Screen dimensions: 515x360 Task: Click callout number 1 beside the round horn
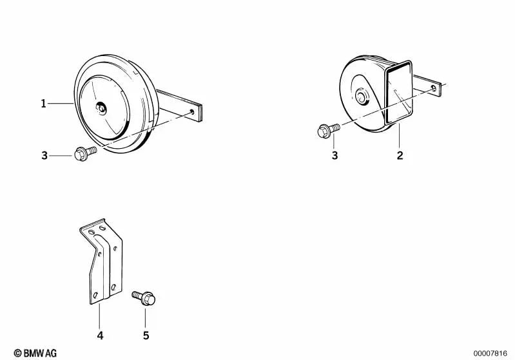tap(43, 104)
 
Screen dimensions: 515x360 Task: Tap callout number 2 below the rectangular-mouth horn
tap(400, 155)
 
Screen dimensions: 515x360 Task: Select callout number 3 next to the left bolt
tap(44, 155)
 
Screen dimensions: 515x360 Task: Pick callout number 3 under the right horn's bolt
tap(335, 155)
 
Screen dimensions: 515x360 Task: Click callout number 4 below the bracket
tap(100, 336)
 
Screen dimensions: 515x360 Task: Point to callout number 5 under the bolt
tap(146, 336)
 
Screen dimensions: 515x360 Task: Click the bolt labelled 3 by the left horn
tap(85, 153)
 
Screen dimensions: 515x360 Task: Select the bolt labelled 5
tap(144, 298)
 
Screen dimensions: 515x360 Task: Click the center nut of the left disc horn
tap(101, 108)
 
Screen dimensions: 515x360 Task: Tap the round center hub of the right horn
tap(362, 97)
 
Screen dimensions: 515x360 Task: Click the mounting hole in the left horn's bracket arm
tap(192, 112)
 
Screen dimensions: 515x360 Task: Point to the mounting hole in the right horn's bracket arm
tap(434, 88)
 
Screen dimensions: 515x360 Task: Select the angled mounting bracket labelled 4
tap(101, 261)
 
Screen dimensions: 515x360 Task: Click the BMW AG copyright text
tap(35, 353)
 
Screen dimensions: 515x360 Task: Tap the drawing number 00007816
tap(491, 354)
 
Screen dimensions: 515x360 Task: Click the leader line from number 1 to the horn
tap(61, 104)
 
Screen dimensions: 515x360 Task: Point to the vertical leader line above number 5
tap(145, 318)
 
